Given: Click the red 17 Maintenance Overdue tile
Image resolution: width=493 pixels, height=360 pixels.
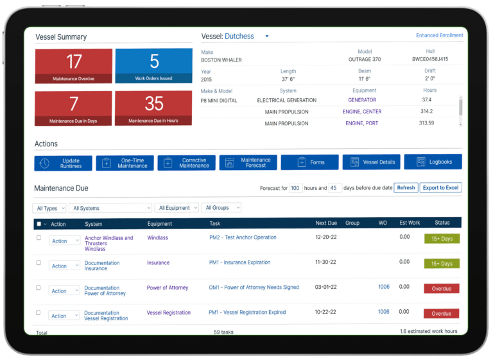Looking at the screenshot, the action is pyautogui.click(x=74, y=66).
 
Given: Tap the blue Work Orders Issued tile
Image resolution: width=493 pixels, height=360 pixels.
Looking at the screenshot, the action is pyautogui.click(x=154, y=65).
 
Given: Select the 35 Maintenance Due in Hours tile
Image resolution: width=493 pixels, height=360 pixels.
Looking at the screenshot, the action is pyautogui.click(x=153, y=108).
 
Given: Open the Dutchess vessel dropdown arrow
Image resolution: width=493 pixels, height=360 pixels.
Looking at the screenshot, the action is pyautogui.click(x=267, y=36).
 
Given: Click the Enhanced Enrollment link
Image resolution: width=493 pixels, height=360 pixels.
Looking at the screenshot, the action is pyautogui.click(x=439, y=35).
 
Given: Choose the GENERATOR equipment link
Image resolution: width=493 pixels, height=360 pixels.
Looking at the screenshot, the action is pyautogui.click(x=362, y=100).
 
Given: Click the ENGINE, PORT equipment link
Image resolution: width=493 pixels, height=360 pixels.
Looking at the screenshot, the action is pyautogui.click(x=361, y=123).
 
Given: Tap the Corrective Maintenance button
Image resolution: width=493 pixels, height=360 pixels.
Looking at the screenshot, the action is pyautogui.click(x=186, y=162).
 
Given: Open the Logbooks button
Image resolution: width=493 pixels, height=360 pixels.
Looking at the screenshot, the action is pyautogui.click(x=433, y=162).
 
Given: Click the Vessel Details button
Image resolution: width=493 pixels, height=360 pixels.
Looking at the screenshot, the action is pyautogui.click(x=371, y=162).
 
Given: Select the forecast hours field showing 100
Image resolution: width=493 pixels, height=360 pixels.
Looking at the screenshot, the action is pyautogui.click(x=295, y=188).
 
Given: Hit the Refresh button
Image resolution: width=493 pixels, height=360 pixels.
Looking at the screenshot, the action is pyautogui.click(x=406, y=188).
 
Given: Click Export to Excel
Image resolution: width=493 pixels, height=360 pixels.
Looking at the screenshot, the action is pyautogui.click(x=440, y=188).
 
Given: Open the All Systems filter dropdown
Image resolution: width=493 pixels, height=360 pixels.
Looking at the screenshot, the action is pyautogui.click(x=110, y=208).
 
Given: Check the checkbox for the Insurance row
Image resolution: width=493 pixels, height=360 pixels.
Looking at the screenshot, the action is pyautogui.click(x=39, y=263).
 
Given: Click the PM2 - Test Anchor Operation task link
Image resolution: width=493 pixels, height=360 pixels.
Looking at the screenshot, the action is pyautogui.click(x=243, y=237).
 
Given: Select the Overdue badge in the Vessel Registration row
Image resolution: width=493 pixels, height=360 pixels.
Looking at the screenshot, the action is pyautogui.click(x=441, y=313).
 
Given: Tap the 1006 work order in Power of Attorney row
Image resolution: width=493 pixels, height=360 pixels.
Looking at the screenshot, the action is pyautogui.click(x=384, y=287).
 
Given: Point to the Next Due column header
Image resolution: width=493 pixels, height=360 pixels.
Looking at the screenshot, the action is pyautogui.click(x=326, y=223).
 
